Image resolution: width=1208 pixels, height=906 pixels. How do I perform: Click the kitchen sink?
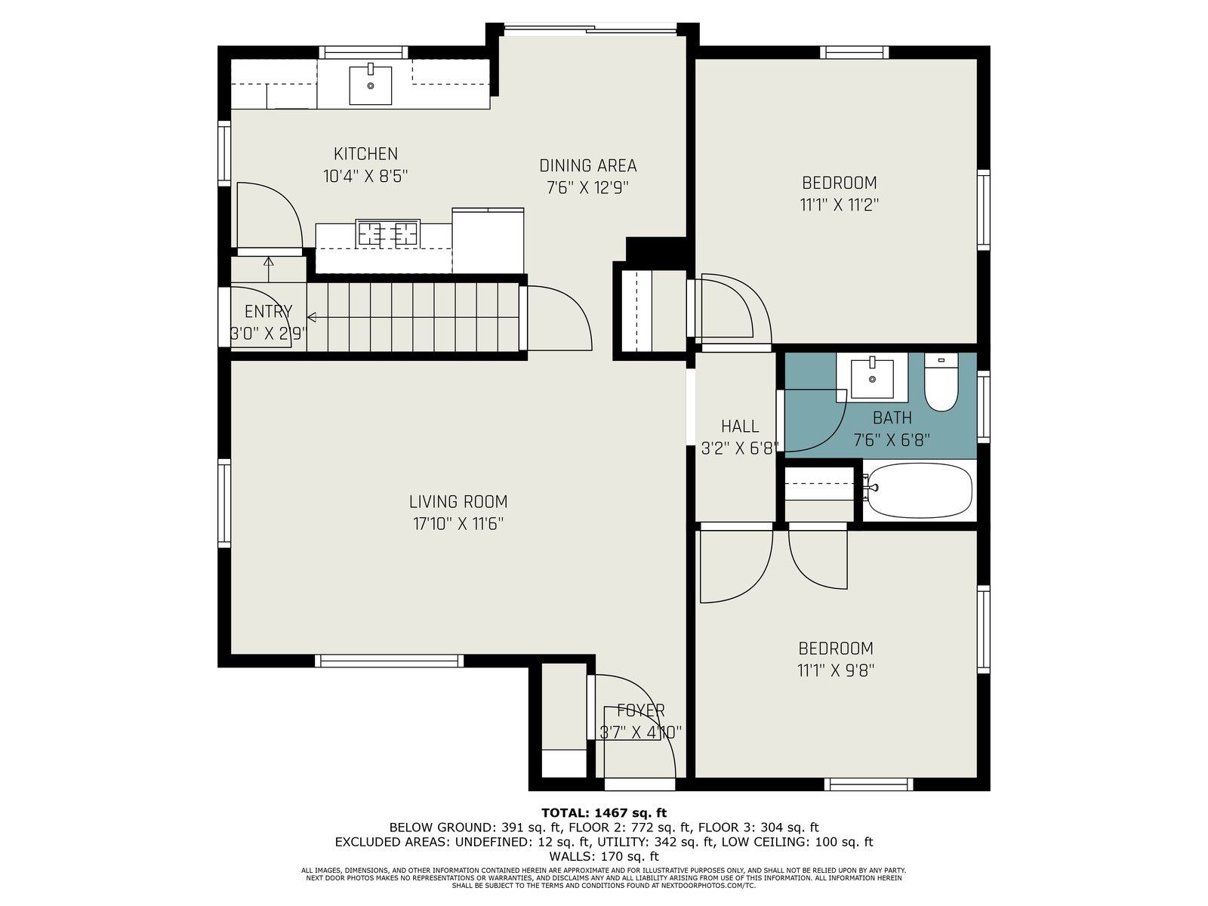(371, 85)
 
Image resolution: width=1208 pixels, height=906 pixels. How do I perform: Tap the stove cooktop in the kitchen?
(387, 233)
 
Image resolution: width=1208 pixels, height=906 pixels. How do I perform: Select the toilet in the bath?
(941, 382)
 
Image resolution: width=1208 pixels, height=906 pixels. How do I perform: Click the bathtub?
(919, 491)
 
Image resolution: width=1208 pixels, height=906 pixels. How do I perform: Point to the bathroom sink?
(872, 378)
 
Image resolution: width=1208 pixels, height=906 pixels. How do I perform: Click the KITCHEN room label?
(365, 153)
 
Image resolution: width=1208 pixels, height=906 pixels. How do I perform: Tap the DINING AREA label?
(587, 165)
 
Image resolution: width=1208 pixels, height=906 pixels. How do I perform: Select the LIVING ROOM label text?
(458, 501)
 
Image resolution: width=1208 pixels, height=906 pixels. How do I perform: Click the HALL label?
(740, 427)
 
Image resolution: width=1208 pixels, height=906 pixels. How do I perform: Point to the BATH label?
(892, 418)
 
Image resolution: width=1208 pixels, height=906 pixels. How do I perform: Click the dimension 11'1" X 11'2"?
(839, 205)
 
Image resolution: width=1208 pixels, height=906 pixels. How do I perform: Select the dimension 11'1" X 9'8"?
(836, 670)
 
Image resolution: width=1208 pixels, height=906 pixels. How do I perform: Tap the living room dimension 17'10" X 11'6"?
(458, 524)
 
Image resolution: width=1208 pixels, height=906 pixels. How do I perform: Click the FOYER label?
(640, 710)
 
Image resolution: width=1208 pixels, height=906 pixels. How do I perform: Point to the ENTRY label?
(268, 311)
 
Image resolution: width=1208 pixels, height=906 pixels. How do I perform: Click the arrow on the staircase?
(413, 317)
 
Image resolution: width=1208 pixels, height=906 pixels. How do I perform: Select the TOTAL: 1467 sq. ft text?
(604, 812)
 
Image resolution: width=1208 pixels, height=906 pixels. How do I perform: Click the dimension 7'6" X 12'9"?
(587, 188)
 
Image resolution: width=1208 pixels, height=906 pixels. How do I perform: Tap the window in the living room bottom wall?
(389, 661)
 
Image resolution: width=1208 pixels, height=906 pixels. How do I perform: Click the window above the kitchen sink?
(363, 52)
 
